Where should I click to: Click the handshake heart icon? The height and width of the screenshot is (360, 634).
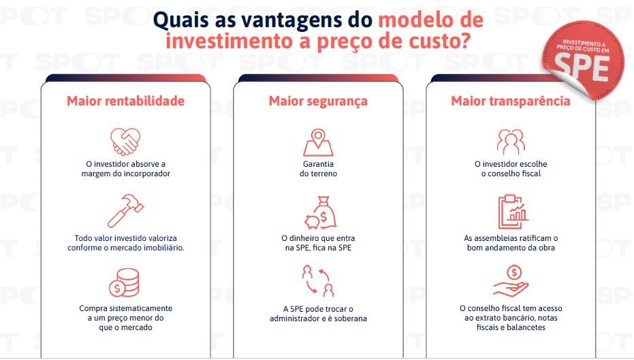(x=125, y=142)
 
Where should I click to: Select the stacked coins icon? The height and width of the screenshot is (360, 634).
(x=124, y=283)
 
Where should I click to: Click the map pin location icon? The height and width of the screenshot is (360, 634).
(x=318, y=142)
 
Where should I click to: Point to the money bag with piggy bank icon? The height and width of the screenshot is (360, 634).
(x=321, y=213)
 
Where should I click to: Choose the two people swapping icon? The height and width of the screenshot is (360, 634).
(x=318, y=281)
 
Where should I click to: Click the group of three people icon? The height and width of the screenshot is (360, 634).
(x=511, y=142)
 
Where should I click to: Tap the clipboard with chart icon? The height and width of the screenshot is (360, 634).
(x=513, y=212)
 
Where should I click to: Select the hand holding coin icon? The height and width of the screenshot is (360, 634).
(x=511, y=281)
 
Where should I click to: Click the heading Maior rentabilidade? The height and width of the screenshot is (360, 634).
(x=125, y=101)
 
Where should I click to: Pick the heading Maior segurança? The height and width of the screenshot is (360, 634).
(x=318, y=101)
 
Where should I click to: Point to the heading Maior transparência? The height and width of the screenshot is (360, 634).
(x=511, y=101)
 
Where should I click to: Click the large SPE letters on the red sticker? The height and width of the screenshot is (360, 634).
(x=582, y=67)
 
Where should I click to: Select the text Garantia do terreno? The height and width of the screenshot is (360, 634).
(x=318, y=169)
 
